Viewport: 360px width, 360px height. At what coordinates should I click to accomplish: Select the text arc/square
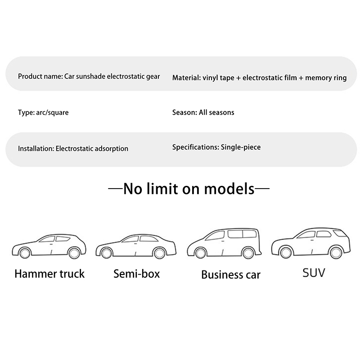point(52,113)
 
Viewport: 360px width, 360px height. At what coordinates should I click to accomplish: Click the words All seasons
point(216,112)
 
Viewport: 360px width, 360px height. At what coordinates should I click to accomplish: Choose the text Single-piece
point(241,147)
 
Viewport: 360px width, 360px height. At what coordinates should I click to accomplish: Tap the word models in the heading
point(229,189)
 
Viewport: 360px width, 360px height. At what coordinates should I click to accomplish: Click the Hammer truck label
point(49,274)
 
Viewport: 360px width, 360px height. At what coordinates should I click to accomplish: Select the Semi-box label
point(137,274)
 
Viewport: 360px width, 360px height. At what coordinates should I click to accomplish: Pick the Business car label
point(231,274)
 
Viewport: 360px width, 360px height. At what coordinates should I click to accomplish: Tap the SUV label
point(314,273)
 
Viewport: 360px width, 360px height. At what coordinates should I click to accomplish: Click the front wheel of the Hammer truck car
point(25,253)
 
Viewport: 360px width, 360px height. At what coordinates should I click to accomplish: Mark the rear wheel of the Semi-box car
point(159,253)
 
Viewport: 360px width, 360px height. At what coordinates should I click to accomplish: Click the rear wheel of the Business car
point(248,253)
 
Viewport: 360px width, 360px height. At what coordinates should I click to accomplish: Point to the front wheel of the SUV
point(285,252)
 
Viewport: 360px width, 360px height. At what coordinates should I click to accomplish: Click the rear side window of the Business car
point(250,234)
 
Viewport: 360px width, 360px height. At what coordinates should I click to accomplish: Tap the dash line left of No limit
point(115,189)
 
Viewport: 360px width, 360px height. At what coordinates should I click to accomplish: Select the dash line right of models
point(262,189)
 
